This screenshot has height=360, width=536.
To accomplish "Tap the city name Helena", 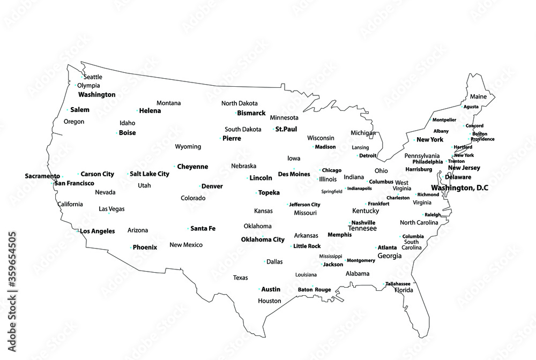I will click(150, 111).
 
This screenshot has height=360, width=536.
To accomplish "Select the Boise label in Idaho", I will click(128, 133).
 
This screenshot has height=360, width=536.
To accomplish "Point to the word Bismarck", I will click(251, 113).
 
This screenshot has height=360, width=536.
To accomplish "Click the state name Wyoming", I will click(188, 147).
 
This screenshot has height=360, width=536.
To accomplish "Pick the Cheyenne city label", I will click(192, 167).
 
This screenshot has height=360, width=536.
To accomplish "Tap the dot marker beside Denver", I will click(199, 186).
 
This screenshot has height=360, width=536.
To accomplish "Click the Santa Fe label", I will click(203, 229).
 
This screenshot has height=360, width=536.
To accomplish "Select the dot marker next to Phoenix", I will click(130, 247).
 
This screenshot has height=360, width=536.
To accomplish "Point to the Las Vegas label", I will click(112, 209).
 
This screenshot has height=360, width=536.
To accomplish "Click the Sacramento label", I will click(42, 176).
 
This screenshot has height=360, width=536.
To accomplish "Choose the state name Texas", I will click(241, 277).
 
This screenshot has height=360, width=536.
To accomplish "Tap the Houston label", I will click(270, 301).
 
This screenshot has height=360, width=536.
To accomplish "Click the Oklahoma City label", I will click(263, 239).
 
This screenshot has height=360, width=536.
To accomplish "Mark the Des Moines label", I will click(294, 174).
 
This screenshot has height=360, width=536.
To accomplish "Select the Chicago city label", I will click(332, 170).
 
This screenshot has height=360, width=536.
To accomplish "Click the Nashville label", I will click(363, 222).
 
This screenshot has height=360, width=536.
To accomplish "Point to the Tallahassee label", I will click(399, 283).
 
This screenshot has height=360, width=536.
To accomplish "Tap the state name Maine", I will click(479, 97).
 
